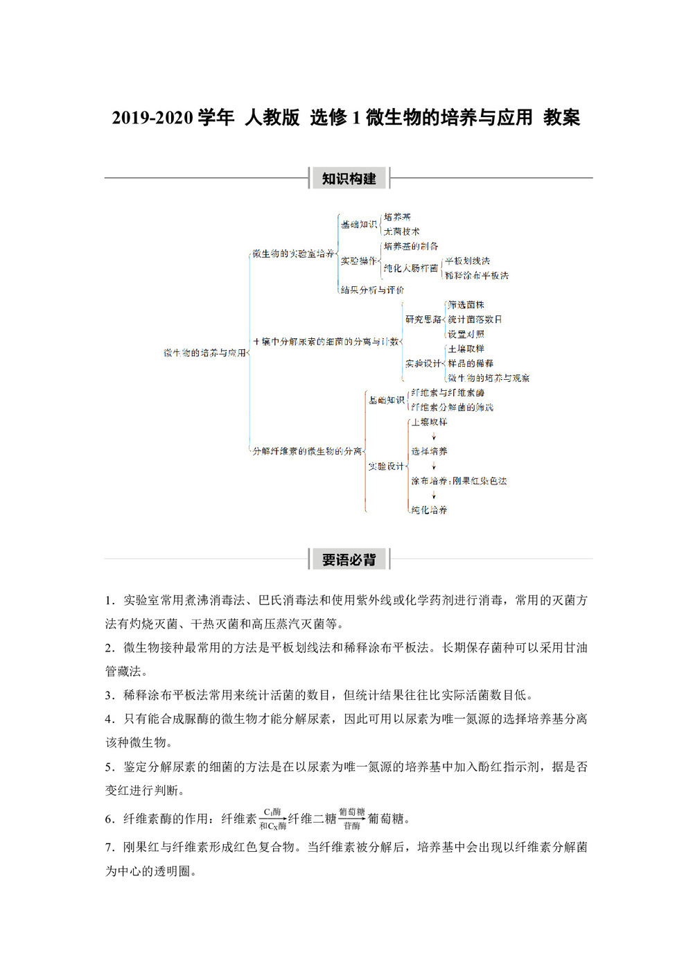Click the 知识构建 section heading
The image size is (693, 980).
(349, 179)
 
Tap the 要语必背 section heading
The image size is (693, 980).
(349, 559)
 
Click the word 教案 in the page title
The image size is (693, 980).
(561, 118)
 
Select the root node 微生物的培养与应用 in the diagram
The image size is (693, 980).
(204, 353)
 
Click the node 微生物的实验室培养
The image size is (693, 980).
(292, 254)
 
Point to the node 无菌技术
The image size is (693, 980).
(401, 231)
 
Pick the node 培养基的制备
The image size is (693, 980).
(410, 246)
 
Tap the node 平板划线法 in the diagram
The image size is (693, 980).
(467, 261)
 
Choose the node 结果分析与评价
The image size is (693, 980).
(372, 290)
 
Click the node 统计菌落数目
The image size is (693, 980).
(475, 320)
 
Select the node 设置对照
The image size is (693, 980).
(466, 334)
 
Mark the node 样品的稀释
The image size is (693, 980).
(471, 363)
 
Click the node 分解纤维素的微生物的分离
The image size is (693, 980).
(307, 451)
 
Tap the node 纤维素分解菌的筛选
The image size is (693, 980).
(452, 408)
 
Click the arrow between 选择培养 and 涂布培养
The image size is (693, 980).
(434, 466)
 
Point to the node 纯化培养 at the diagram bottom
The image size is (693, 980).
(429, 509)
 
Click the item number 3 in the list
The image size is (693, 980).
(109, 695)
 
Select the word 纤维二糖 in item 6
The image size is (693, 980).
(312, 819)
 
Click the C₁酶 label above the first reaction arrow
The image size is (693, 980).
(272, 812)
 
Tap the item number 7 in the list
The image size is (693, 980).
(109, 847)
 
